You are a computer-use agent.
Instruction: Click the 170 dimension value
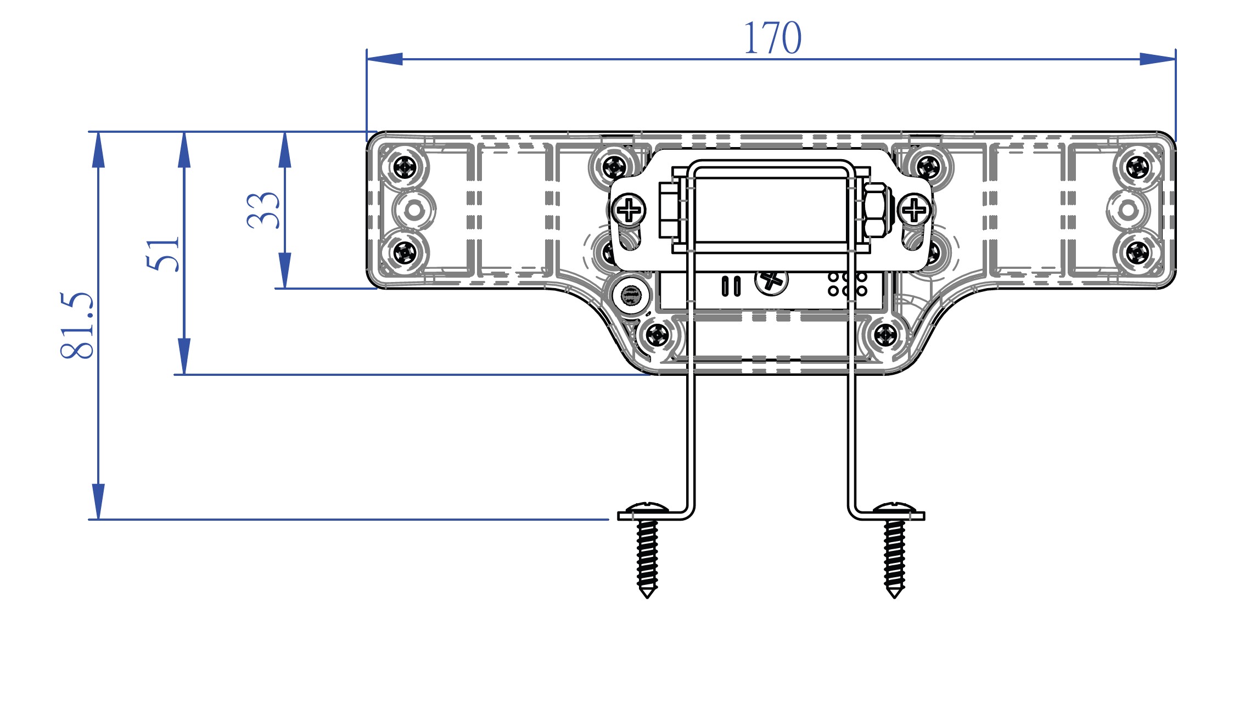point(772,38)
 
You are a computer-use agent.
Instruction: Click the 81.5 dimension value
point(77,325)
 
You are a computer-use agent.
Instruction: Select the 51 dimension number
point(163,254)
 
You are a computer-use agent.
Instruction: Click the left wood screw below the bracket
point(647,554)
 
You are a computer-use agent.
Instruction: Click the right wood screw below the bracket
point(894,554)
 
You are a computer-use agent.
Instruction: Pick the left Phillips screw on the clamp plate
point(629,210)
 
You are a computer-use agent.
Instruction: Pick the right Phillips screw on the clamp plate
point(914,210)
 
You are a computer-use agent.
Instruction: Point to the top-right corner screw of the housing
point(1137,166)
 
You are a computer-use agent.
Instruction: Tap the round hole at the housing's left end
point(414,210)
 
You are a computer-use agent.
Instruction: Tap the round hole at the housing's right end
point(1128,210)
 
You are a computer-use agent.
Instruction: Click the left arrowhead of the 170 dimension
point(384,59)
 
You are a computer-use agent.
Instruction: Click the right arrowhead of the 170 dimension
point(1158,59)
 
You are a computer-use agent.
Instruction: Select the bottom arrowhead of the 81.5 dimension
point(98,502)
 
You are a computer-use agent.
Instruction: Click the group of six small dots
point(848,284)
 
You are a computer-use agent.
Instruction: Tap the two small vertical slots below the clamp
point(731,286)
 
